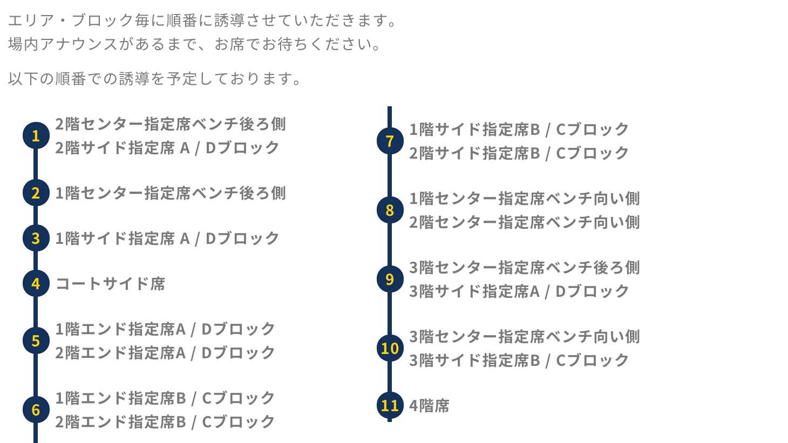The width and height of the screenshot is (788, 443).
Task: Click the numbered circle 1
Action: click(x=36, y=135)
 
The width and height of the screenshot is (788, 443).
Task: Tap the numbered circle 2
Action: click(x=36, y=193)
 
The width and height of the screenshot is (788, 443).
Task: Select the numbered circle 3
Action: click(x=36, y=238)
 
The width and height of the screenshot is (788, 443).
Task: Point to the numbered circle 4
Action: click(x=36, y=283)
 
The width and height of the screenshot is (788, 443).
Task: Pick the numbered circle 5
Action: click(x=36, y=340)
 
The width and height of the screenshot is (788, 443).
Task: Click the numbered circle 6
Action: click(x=36, y=410)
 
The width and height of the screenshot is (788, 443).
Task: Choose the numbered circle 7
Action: click(x=390, y=141)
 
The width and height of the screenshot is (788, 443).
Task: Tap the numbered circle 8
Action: click(x=390, y=210)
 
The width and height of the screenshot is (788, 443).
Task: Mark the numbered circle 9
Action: click(x=390, y=279)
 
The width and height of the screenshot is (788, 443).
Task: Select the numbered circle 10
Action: click(x=390, y=348)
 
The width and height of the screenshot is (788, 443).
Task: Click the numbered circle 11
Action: click(x=390, y=405)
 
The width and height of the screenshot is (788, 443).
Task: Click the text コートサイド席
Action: click(x=111, y=284)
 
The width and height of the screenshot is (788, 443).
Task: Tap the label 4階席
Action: click(x=429, y=406)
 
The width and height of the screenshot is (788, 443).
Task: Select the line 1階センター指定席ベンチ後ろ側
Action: click(x=171, y=193)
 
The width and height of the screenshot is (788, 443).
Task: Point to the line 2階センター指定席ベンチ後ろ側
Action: click(x=171, y=124)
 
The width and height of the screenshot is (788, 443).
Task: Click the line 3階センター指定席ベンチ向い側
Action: click(x=524, y=337)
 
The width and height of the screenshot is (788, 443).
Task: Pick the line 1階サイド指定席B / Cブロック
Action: click(x=519, y=130)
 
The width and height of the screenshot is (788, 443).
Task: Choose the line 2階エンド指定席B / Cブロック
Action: click(x=165, y=422)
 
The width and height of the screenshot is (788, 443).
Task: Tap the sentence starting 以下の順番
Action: click(x=155, y=79)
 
